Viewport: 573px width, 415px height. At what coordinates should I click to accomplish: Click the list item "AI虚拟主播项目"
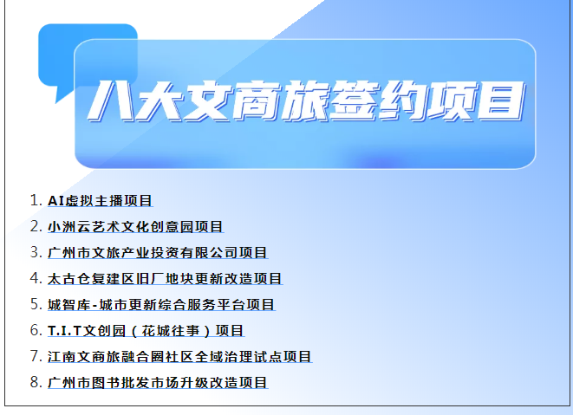(x=100, y=200)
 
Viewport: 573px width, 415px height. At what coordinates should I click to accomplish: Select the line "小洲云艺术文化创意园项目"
(x=135, y=226)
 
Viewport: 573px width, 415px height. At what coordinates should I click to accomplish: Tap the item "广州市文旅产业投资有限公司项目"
(x=158, y=252)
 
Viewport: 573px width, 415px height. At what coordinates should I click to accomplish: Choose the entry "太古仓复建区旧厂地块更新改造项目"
(x=165, y=278)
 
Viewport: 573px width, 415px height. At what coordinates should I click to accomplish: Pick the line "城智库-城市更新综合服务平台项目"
(x=161, y=304)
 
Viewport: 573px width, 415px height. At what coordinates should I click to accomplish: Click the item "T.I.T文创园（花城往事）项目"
(x=146, y=331)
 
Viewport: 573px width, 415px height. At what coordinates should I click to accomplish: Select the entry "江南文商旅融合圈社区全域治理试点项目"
(x=179, y=357)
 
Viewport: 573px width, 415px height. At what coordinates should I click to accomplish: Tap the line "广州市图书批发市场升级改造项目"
(x=158, y=382)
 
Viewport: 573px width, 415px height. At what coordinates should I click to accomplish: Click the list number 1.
(x=36, y=200)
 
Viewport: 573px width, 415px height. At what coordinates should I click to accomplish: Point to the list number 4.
(x=36, y=278)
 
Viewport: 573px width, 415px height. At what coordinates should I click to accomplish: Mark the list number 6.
(x=36, y=330)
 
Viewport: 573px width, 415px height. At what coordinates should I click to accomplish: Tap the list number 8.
(x=36, y=382)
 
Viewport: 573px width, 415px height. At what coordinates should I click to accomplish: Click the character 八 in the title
(x=110, y=101)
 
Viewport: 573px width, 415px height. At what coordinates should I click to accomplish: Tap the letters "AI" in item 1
(x=56, y=201)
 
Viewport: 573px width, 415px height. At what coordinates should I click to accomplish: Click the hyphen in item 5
(x=95, y=306)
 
